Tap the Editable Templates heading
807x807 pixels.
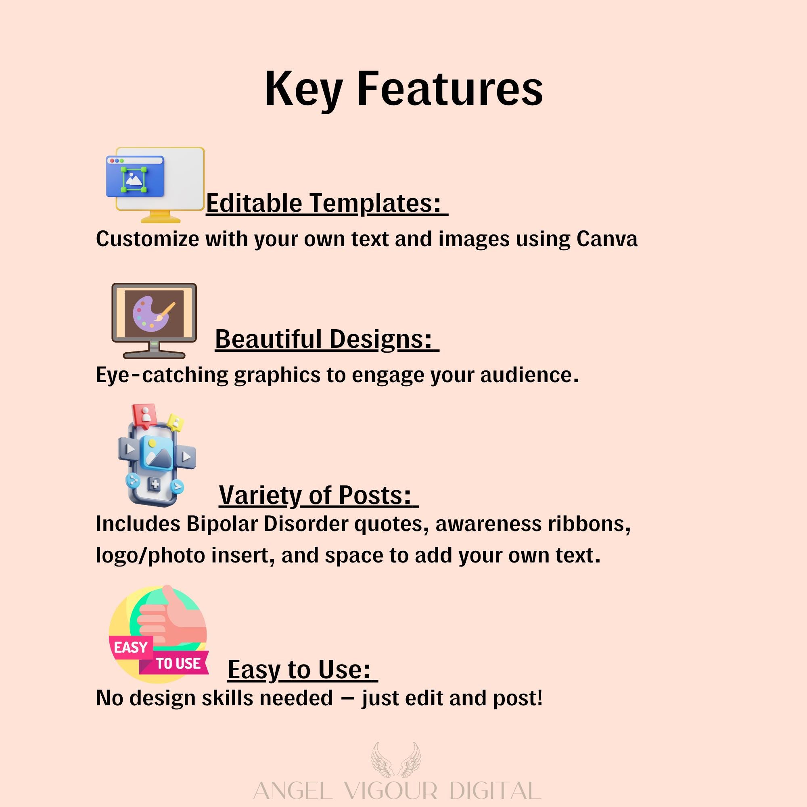(x=327, y=203)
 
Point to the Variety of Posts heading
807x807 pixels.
(x=318, y=495)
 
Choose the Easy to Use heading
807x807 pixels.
(x=302, y=669)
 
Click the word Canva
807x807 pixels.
(x=607, y=239)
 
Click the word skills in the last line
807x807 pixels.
(x=228, y=698)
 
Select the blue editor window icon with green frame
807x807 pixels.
(x=134, y=177)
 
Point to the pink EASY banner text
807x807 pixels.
(x=131, y=647)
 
